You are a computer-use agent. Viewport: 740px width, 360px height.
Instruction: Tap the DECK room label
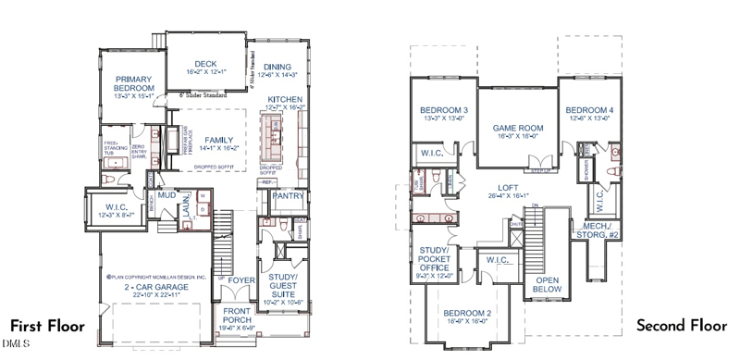coord(192,64)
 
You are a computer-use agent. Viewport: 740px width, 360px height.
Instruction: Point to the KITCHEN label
coord(285,99)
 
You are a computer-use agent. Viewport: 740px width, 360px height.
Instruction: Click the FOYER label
coord(242,279)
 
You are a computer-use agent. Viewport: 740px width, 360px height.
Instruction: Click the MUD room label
coord(166,196)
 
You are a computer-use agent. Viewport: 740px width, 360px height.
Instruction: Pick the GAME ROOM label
coord(516,128)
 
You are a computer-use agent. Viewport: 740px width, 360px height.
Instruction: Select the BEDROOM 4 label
coord(589,110)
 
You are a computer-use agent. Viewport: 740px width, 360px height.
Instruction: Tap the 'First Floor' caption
coord(47,327)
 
